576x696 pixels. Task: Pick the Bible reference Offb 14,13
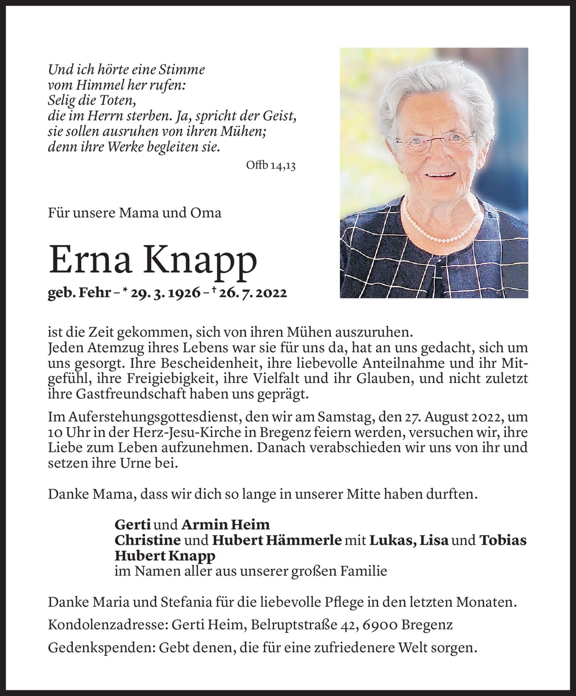click(x=271, y=166)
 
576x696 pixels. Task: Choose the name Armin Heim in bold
click(x=225, y=524)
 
